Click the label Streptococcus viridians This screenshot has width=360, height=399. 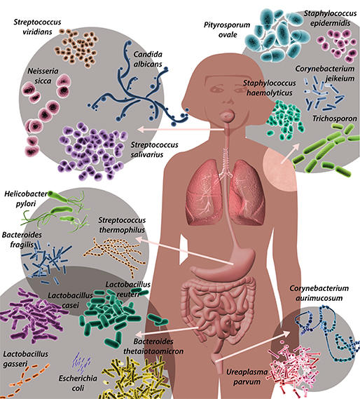[x=37, y=27]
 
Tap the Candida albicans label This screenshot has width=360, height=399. [x=148, y=59]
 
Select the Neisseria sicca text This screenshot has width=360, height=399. [x=43, y=76]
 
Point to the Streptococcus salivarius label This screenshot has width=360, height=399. [x=154, y=149]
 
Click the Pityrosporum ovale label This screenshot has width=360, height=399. [x=227, y=29]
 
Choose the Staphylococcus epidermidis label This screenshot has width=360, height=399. [x=330, y=18]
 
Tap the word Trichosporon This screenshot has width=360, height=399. [x=335, y=119]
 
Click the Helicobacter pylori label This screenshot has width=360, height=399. [x=26, y=198]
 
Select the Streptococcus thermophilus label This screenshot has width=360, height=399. [x=122, y=225]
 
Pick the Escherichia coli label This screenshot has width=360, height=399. [x=78, y=383]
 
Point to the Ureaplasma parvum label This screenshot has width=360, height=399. [x=247, y=377]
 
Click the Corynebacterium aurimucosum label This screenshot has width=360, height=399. [x=319, y=293]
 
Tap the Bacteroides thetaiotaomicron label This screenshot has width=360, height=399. [x=153, y=346]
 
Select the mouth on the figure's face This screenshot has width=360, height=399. [x=227, y=116]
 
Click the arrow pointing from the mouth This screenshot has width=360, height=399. [x=181, y=130]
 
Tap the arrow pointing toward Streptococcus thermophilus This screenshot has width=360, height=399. [x=185, y=251]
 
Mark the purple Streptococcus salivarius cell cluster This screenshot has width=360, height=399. [x=92, y=151]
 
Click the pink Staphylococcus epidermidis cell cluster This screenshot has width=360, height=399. [x=338, y=46]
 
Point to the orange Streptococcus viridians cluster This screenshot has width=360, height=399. [x=76, y=48]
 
